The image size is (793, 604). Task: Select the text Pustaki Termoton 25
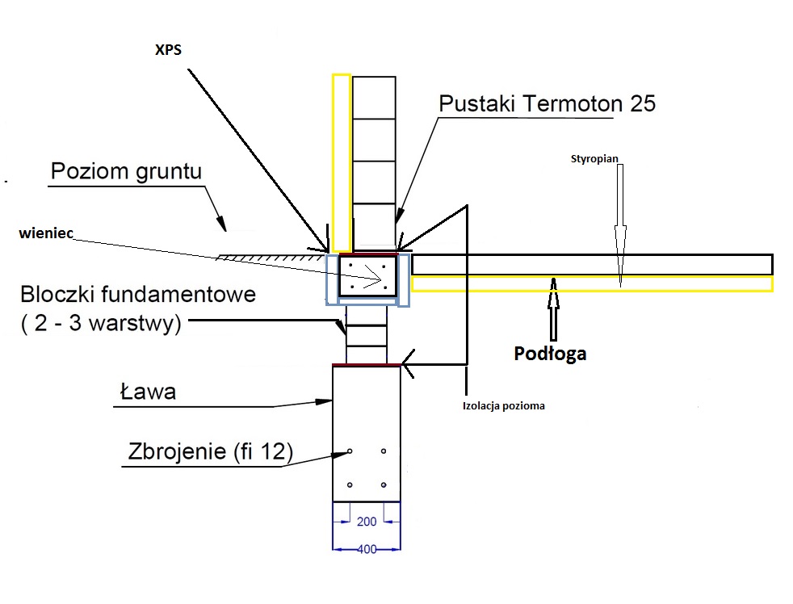547,104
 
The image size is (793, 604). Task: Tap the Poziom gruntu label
125,172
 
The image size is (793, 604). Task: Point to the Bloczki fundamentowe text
138,294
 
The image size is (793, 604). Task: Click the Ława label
148,393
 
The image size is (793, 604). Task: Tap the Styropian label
594,159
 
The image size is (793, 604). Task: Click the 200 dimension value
366,522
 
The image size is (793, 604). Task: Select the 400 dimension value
367,548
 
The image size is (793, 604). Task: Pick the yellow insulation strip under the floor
591,283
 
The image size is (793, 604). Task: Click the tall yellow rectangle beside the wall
342,161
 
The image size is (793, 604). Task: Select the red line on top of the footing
367,366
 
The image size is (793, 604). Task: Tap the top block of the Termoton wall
374,98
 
